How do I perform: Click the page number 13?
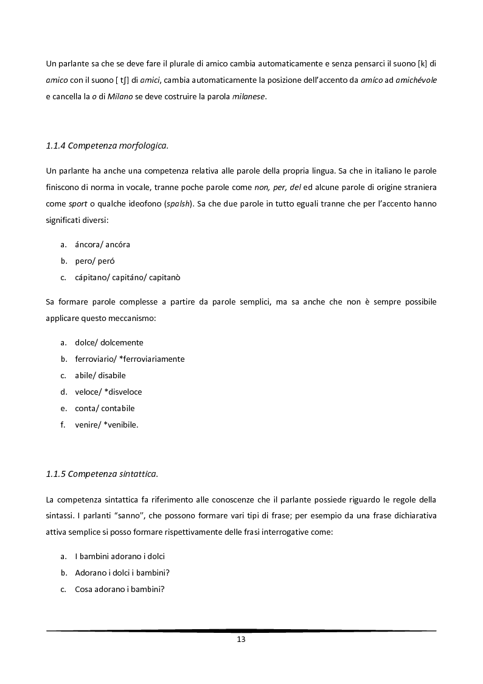pyautogui.click(x=241, y=640)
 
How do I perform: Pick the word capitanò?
pyautogui.click(x=164, y=277)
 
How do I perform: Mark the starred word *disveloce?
pyautogui.click(x=123, y=392)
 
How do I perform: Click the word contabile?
pyautogui.click(x=118, y=408)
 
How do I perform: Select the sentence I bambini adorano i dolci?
pyautogui.click(x=120, y=556)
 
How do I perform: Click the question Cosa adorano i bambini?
pyautogui.click(x=120, y=589)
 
